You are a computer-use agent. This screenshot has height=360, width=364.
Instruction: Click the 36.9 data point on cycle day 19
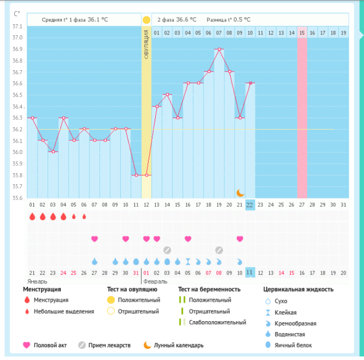coord(219,49)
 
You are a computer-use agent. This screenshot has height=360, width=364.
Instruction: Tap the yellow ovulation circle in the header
coord(146,20)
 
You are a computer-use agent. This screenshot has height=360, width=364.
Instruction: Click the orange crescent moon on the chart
coord(241,192)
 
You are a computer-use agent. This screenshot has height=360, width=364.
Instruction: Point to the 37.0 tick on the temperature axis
coord(17,37)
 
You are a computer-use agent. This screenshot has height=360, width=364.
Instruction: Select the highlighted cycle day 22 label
coord(250,205)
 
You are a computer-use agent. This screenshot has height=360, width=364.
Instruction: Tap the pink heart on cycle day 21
coord(240,238)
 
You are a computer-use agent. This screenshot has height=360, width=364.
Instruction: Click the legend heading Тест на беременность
coord(209,289)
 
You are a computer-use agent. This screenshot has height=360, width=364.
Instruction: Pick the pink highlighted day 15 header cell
coord(302,33)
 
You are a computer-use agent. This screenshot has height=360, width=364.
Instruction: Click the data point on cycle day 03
coord(53,152)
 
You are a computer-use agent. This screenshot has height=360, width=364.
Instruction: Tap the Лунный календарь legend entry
coord(180,345)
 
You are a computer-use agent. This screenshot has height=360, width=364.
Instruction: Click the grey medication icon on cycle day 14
coord(167,250)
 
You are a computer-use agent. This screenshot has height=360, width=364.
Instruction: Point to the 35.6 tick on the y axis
coord(17,198)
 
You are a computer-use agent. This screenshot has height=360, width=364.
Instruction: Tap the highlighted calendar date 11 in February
coord(250,273)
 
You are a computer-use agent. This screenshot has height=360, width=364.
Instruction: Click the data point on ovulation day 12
coord(146,175)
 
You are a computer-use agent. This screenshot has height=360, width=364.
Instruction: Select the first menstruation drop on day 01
coord(32,217)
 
